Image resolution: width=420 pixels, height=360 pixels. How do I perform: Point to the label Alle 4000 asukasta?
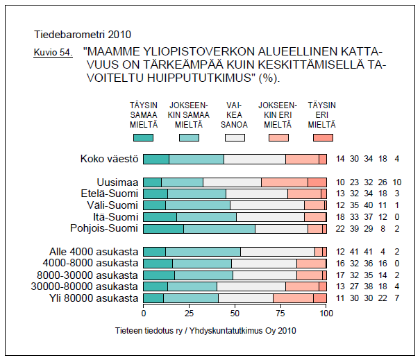94,251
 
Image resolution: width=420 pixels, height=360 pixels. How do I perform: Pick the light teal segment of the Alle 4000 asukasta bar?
203,251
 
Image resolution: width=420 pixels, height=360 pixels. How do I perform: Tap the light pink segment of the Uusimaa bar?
285,182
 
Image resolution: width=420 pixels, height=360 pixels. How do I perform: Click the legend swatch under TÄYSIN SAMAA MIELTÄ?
143,137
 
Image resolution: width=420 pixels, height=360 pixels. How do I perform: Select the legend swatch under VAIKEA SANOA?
235,137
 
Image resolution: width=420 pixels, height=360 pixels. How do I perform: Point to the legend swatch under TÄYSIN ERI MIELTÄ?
324,137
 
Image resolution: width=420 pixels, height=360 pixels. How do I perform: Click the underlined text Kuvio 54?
53,53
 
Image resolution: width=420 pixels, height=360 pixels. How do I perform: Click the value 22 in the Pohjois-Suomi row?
340,228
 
